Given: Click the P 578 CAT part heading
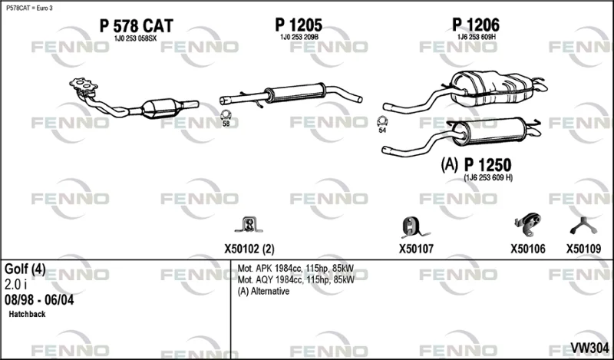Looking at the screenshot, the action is click(136, 26).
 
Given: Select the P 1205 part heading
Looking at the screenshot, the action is click(299, 25).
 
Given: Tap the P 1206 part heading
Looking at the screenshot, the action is click(476, 25).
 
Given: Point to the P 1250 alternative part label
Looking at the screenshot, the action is click(487, 165).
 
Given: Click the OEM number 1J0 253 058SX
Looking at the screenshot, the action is click(135, 38).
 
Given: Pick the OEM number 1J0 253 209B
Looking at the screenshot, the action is click(299, 37).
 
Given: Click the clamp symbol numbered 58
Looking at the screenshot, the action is click(226, 115).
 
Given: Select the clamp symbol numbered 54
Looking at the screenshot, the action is click(382, 121).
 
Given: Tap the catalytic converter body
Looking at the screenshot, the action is click(161, 108).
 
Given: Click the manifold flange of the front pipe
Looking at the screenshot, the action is click(83, 84).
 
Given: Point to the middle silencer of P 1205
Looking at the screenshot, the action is click(296, 93).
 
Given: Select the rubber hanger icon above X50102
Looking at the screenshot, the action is click(248, 225).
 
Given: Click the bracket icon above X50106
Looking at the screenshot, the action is click(527, 224).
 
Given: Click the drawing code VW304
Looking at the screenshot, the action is click(589, 348).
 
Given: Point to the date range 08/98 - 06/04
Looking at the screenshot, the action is click(39, 300).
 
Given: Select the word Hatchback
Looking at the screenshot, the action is click(27, 314).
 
